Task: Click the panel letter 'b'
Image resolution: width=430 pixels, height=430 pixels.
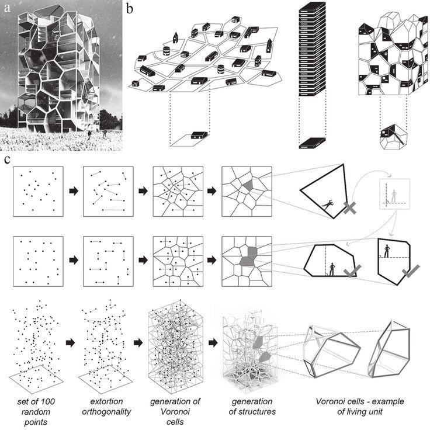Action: click(130, 8)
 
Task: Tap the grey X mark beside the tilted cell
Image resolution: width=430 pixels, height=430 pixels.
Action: click(351, 207)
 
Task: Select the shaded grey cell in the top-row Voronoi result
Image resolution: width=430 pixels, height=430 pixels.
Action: click(249, 184)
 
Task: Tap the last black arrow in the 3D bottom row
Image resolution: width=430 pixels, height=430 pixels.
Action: click(210, 342)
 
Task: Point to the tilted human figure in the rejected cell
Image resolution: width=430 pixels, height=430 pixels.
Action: click(327, 204)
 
